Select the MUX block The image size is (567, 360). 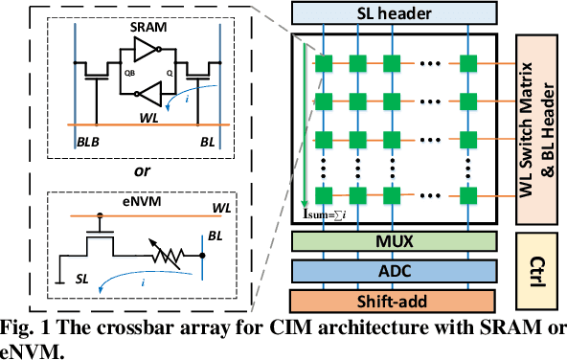400,241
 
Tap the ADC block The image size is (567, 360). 400,270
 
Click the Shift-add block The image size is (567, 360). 400,299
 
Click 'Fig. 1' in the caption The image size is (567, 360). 22,326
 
